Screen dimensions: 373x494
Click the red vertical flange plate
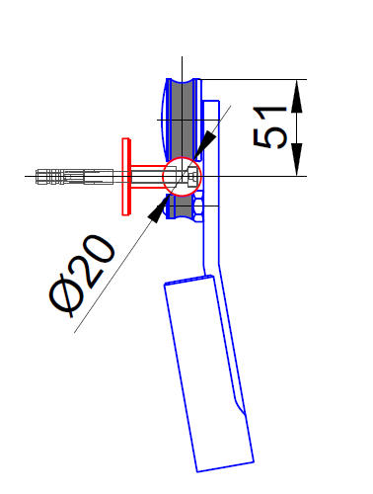pos(125,177)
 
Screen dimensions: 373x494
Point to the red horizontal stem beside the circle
pos(148,177)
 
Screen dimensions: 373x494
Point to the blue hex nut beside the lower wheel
pos(200,206)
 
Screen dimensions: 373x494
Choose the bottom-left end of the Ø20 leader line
pos(76,332)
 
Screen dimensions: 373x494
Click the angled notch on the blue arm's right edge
pos(239,404)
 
